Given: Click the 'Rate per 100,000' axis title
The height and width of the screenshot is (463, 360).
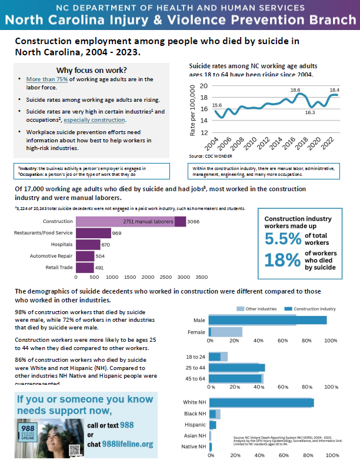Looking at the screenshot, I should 192,109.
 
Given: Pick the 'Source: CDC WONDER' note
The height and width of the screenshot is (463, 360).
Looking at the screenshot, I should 211,156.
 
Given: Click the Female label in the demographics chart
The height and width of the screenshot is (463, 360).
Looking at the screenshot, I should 196,332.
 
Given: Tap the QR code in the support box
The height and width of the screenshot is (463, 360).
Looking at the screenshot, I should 75,450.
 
